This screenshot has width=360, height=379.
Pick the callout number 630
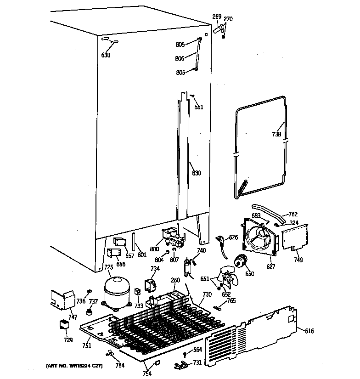106,56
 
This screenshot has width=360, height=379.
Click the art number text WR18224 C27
74,366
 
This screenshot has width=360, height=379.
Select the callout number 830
197,173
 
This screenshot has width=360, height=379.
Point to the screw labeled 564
184,354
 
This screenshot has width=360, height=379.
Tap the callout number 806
180,58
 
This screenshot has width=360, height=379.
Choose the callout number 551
198,107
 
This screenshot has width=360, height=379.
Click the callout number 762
293,214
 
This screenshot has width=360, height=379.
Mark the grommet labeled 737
86,312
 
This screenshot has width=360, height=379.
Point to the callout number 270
228,19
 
